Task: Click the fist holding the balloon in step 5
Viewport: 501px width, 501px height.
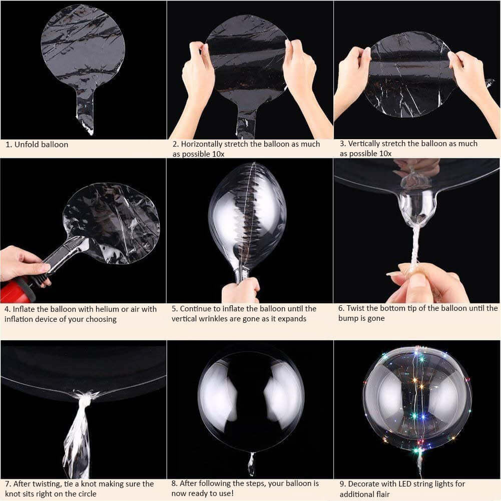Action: coord(241,291)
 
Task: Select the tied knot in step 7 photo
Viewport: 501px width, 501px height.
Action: coord(85,398)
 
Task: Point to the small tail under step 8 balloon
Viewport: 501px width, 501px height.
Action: coord(251,464)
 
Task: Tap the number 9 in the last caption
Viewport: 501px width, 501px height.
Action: coord(342,484)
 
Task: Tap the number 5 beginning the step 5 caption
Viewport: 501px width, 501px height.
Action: coord(174,309)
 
